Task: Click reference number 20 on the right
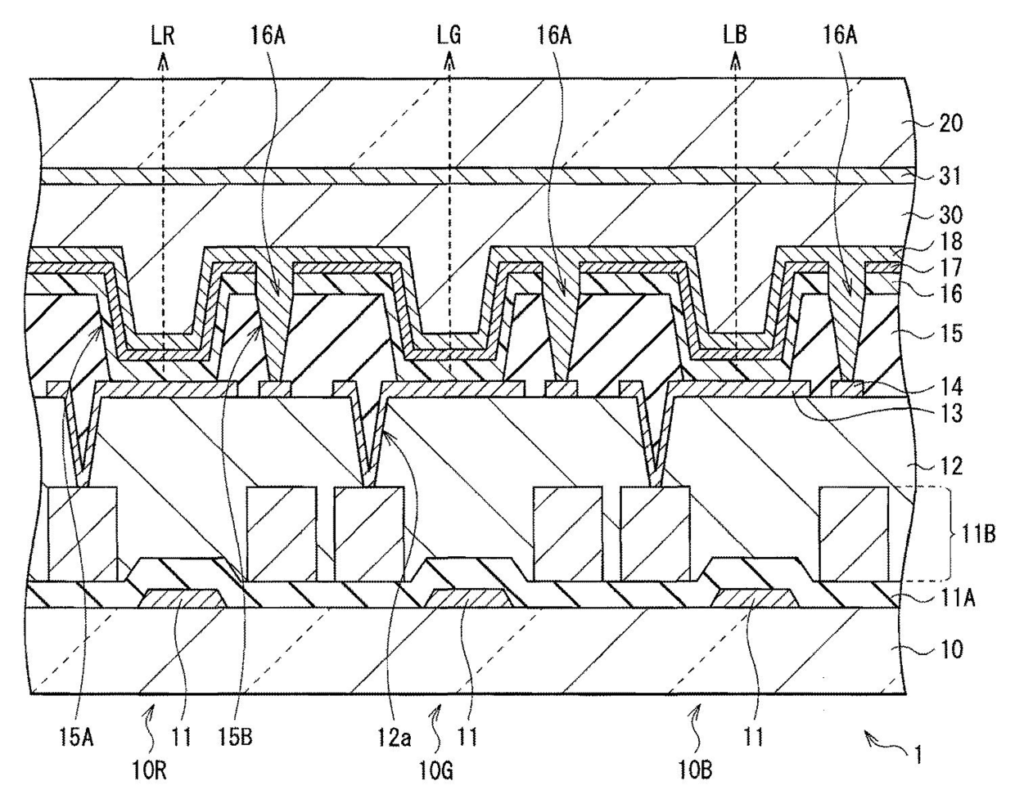coord(951,123)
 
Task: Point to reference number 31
coord(951,176)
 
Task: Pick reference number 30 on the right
coord(951,215)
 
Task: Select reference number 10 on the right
coord(951,650)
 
